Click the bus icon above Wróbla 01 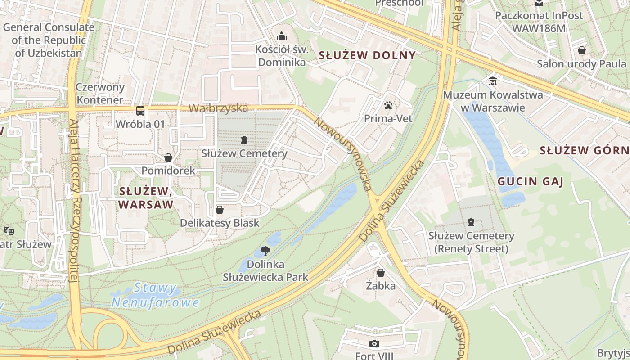point(140,111)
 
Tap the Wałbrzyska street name point(218,108)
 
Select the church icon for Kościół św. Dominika point(282,36)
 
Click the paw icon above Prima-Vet point(388,106)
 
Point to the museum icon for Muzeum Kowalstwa point(493,81)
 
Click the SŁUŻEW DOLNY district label point(367,56)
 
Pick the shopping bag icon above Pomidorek point(168,157)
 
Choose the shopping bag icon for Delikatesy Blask point(220,210)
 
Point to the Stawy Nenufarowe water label point(155,295)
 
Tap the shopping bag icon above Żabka point(381,273)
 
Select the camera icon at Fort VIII point(374,344)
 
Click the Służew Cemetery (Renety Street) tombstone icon point(471,222)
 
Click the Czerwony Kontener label point(99,93)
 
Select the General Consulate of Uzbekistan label point(49,40)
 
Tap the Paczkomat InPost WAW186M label point(539,22)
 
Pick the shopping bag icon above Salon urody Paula point(581,50)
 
